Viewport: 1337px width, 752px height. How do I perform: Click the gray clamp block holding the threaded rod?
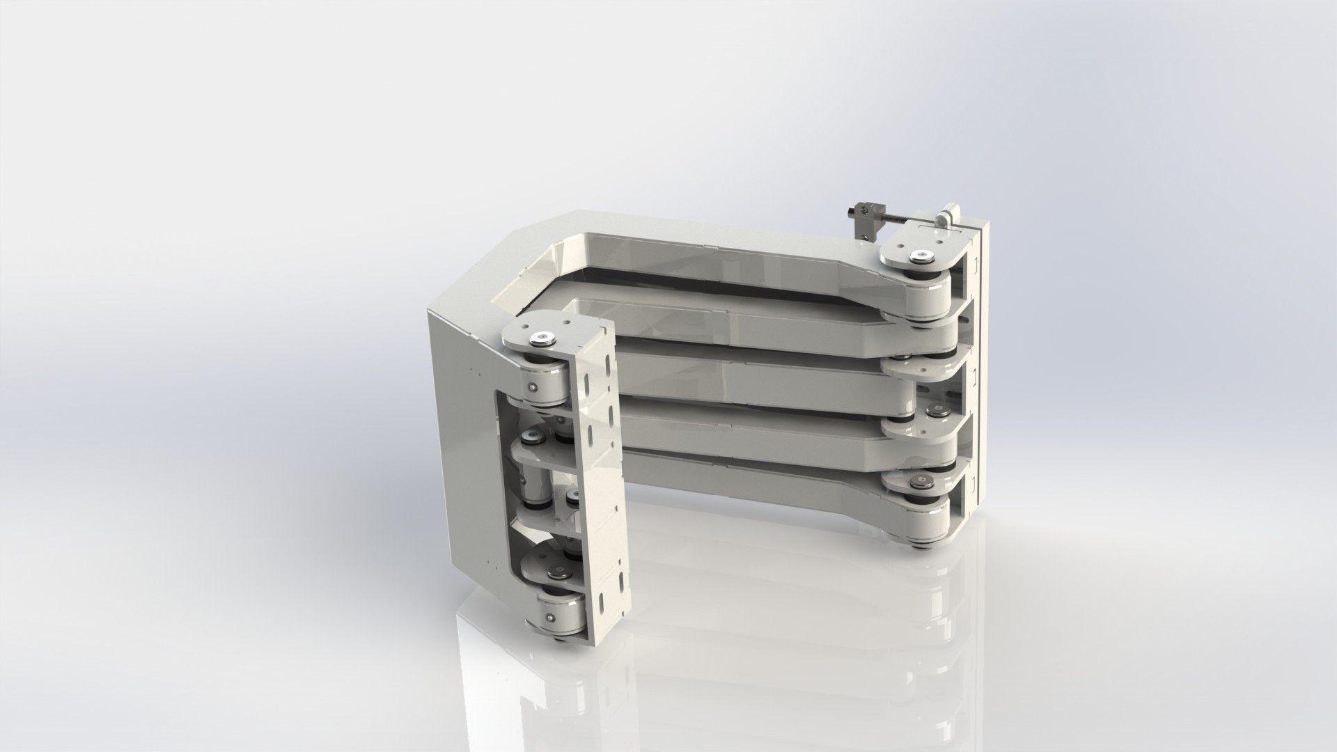[x=861, y=224]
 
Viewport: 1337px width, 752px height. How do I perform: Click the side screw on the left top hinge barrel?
[x=533, y=388]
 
